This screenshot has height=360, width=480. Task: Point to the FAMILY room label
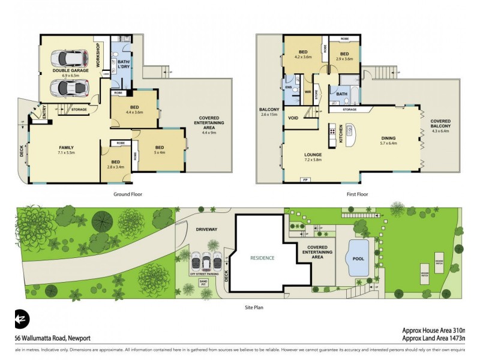click(x=66, y=148)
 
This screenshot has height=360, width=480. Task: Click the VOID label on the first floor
click(x=294, y=118)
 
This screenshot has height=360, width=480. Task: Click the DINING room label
click(x=388, y=138)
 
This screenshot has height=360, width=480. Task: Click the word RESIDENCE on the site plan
click(x=262, y=258)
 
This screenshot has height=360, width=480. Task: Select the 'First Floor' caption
click(x=356, y=194)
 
